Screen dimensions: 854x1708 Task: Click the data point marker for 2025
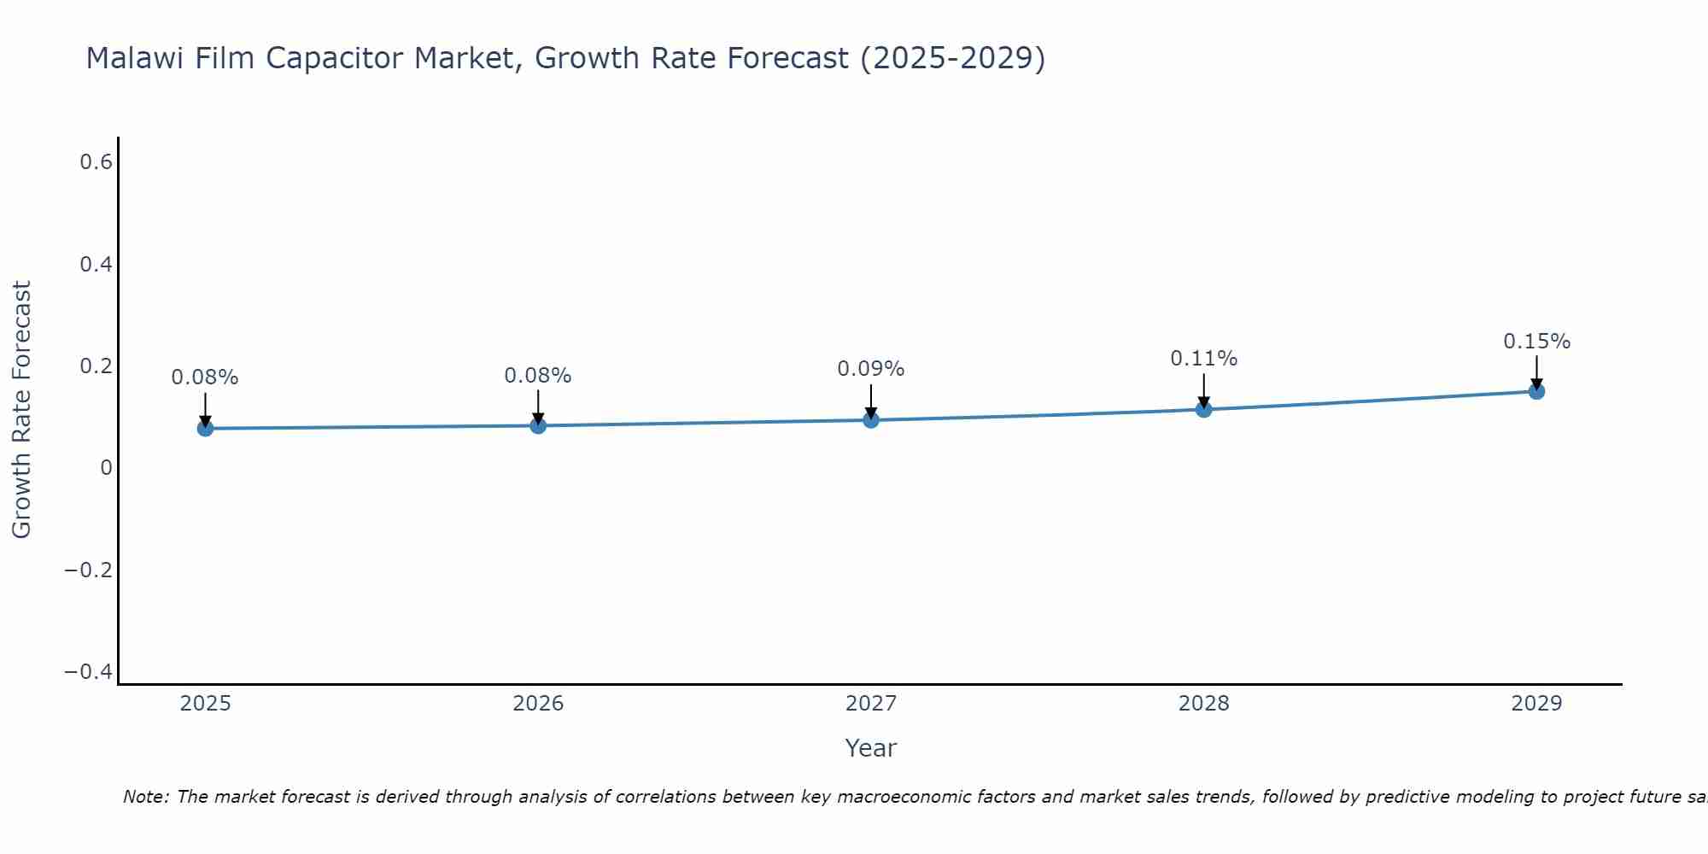coord(205,428)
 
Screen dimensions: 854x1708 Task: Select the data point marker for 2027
coord(871,419)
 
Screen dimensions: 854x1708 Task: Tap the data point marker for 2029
coord(1536,391)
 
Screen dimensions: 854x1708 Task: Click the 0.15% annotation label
coord(1536,342)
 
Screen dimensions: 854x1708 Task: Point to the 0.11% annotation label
coord(1203,359)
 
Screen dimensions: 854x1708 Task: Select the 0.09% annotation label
coord(870,369)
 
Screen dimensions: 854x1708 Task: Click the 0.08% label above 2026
coord(537,376)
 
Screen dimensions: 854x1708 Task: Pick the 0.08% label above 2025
coord(205,377)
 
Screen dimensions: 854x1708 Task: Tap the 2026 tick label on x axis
coord(538,704)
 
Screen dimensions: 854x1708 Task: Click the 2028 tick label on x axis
coord(1203,704)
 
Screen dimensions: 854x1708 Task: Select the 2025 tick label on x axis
coord(206,704)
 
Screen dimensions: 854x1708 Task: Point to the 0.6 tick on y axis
coord(96,161)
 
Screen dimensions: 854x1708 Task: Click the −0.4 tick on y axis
coord(89,672)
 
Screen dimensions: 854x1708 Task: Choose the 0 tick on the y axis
coord(106,468)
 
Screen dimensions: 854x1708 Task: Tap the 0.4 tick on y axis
coord(96,264)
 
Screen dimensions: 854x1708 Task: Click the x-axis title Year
coord(870,749)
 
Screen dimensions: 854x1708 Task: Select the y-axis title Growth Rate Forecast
coord(21,410)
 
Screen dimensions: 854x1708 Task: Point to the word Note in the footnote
coord(146,798)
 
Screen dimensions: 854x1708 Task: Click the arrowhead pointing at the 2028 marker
coord(1203,402)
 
